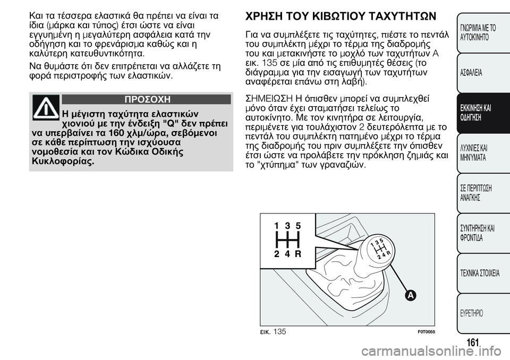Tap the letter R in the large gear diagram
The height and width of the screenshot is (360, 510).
[298, 254]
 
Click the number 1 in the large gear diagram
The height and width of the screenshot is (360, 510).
[276, 225]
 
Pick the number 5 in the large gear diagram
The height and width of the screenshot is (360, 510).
[298, 225]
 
